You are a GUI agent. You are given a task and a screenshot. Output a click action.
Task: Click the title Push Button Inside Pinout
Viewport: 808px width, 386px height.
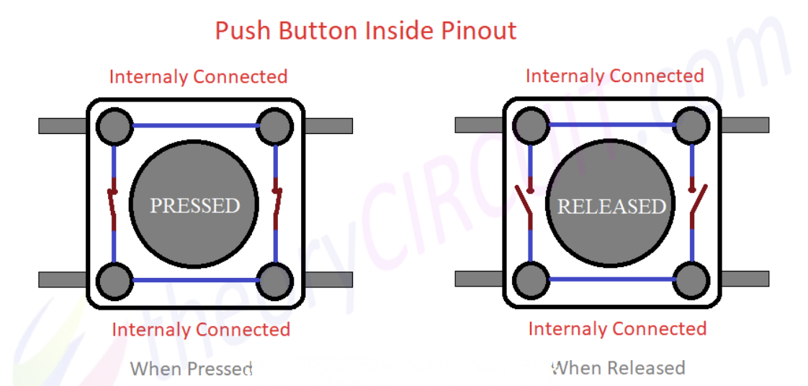pyautogui.click(x=366, y=31)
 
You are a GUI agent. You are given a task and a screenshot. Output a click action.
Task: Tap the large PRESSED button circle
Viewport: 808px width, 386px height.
pyautogui.click(x=194, y=205)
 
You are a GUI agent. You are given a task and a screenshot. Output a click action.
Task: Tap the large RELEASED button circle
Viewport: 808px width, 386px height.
pyautogui.click(x=611, y=205)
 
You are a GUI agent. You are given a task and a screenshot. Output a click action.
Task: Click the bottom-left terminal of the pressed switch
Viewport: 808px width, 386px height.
pyautogui.click(x=115, y=281)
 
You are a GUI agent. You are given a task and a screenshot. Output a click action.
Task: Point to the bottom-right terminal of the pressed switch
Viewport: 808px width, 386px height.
pyautogui.click(x=274, y=281)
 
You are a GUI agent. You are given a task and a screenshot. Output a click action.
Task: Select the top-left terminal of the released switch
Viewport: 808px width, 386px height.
pyautogui.click(x=530, y=126)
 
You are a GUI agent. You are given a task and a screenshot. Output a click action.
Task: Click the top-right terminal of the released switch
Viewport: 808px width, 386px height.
pyautogui.click(x=691, y=126)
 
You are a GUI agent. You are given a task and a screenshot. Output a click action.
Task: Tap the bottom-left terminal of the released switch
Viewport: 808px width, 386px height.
pyautogui.click(x=530, y=280)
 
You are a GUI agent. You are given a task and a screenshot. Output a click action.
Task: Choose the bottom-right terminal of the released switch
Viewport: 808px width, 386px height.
pyautogui.click(x=691, y=280)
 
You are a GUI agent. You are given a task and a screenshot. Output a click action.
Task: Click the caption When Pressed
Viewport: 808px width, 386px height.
pyautogui.click(x=191, y=369)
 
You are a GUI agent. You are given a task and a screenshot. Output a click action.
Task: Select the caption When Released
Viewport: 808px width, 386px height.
pyautogui.click(x=618, y=368)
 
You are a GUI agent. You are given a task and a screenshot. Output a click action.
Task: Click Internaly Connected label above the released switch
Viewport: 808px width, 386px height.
pyautogui.click(x=614, y=76)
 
